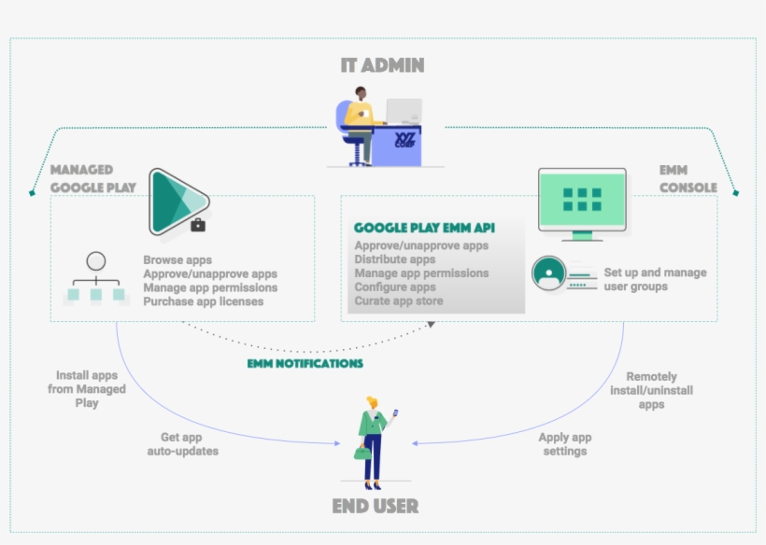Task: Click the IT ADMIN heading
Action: (x=382, y=65)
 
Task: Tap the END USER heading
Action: (x=375, y=507)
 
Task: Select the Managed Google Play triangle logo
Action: (x=177, y=201)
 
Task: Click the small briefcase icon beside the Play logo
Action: (x=198, y=225)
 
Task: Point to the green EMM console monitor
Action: (x=582, y=200)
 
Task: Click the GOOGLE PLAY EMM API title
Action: (x=424, y=228)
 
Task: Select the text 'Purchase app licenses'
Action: (x=203, y=301)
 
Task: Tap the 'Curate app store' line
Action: (x=399, y=301)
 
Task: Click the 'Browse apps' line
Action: (x=177, y=260)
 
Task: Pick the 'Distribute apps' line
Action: (x=395, y=259)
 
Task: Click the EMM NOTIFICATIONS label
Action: (x=305, y=363)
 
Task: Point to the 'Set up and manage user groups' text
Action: (x=655, y=279)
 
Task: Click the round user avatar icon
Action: (x=548, y=273)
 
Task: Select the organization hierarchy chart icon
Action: (x=95, y=280)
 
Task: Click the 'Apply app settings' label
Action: (x=564, y=444)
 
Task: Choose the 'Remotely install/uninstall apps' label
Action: (x=651, y=390)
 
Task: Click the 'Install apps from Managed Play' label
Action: (x=87, y=389)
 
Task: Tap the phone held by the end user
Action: (x=394, y=412)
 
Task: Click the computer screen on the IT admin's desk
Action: (x=404, y=112)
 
